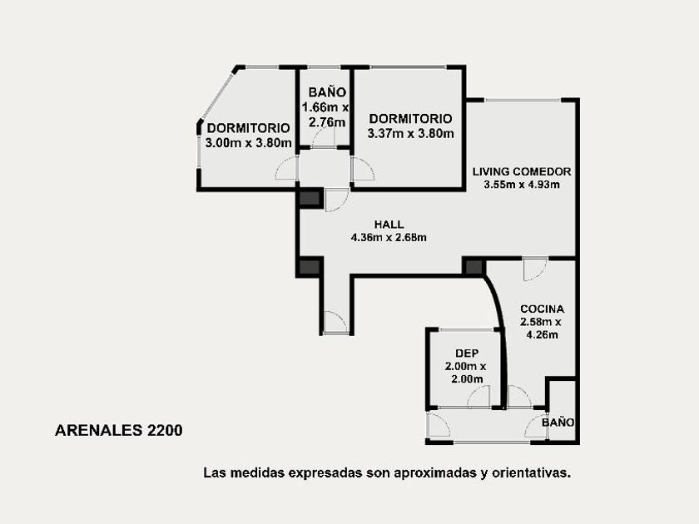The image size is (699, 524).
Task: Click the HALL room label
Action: point(389,224)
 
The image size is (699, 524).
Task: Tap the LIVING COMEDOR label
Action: point(522,171)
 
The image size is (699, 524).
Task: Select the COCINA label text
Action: point(542,309)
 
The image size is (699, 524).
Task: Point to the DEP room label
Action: point(467,353)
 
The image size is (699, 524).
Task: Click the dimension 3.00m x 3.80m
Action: point(248,143)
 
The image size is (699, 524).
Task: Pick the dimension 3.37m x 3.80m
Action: point(410,133)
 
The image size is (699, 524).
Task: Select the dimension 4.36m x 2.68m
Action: point(389,238)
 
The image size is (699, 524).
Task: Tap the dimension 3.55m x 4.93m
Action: point(522,185)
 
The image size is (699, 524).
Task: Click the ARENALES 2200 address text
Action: point(118,431)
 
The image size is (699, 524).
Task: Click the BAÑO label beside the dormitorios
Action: point(327,92)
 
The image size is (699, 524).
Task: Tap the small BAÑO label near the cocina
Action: point(558,422)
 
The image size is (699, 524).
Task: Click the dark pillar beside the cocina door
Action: point(473,267)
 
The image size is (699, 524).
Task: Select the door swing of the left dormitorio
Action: point(285,170)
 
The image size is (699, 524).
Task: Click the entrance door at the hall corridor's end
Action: point(335,323)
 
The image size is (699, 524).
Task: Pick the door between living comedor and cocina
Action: point(535,269)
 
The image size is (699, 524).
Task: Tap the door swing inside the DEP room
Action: point(478,396)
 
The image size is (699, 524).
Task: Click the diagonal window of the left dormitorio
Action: point(216,96)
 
